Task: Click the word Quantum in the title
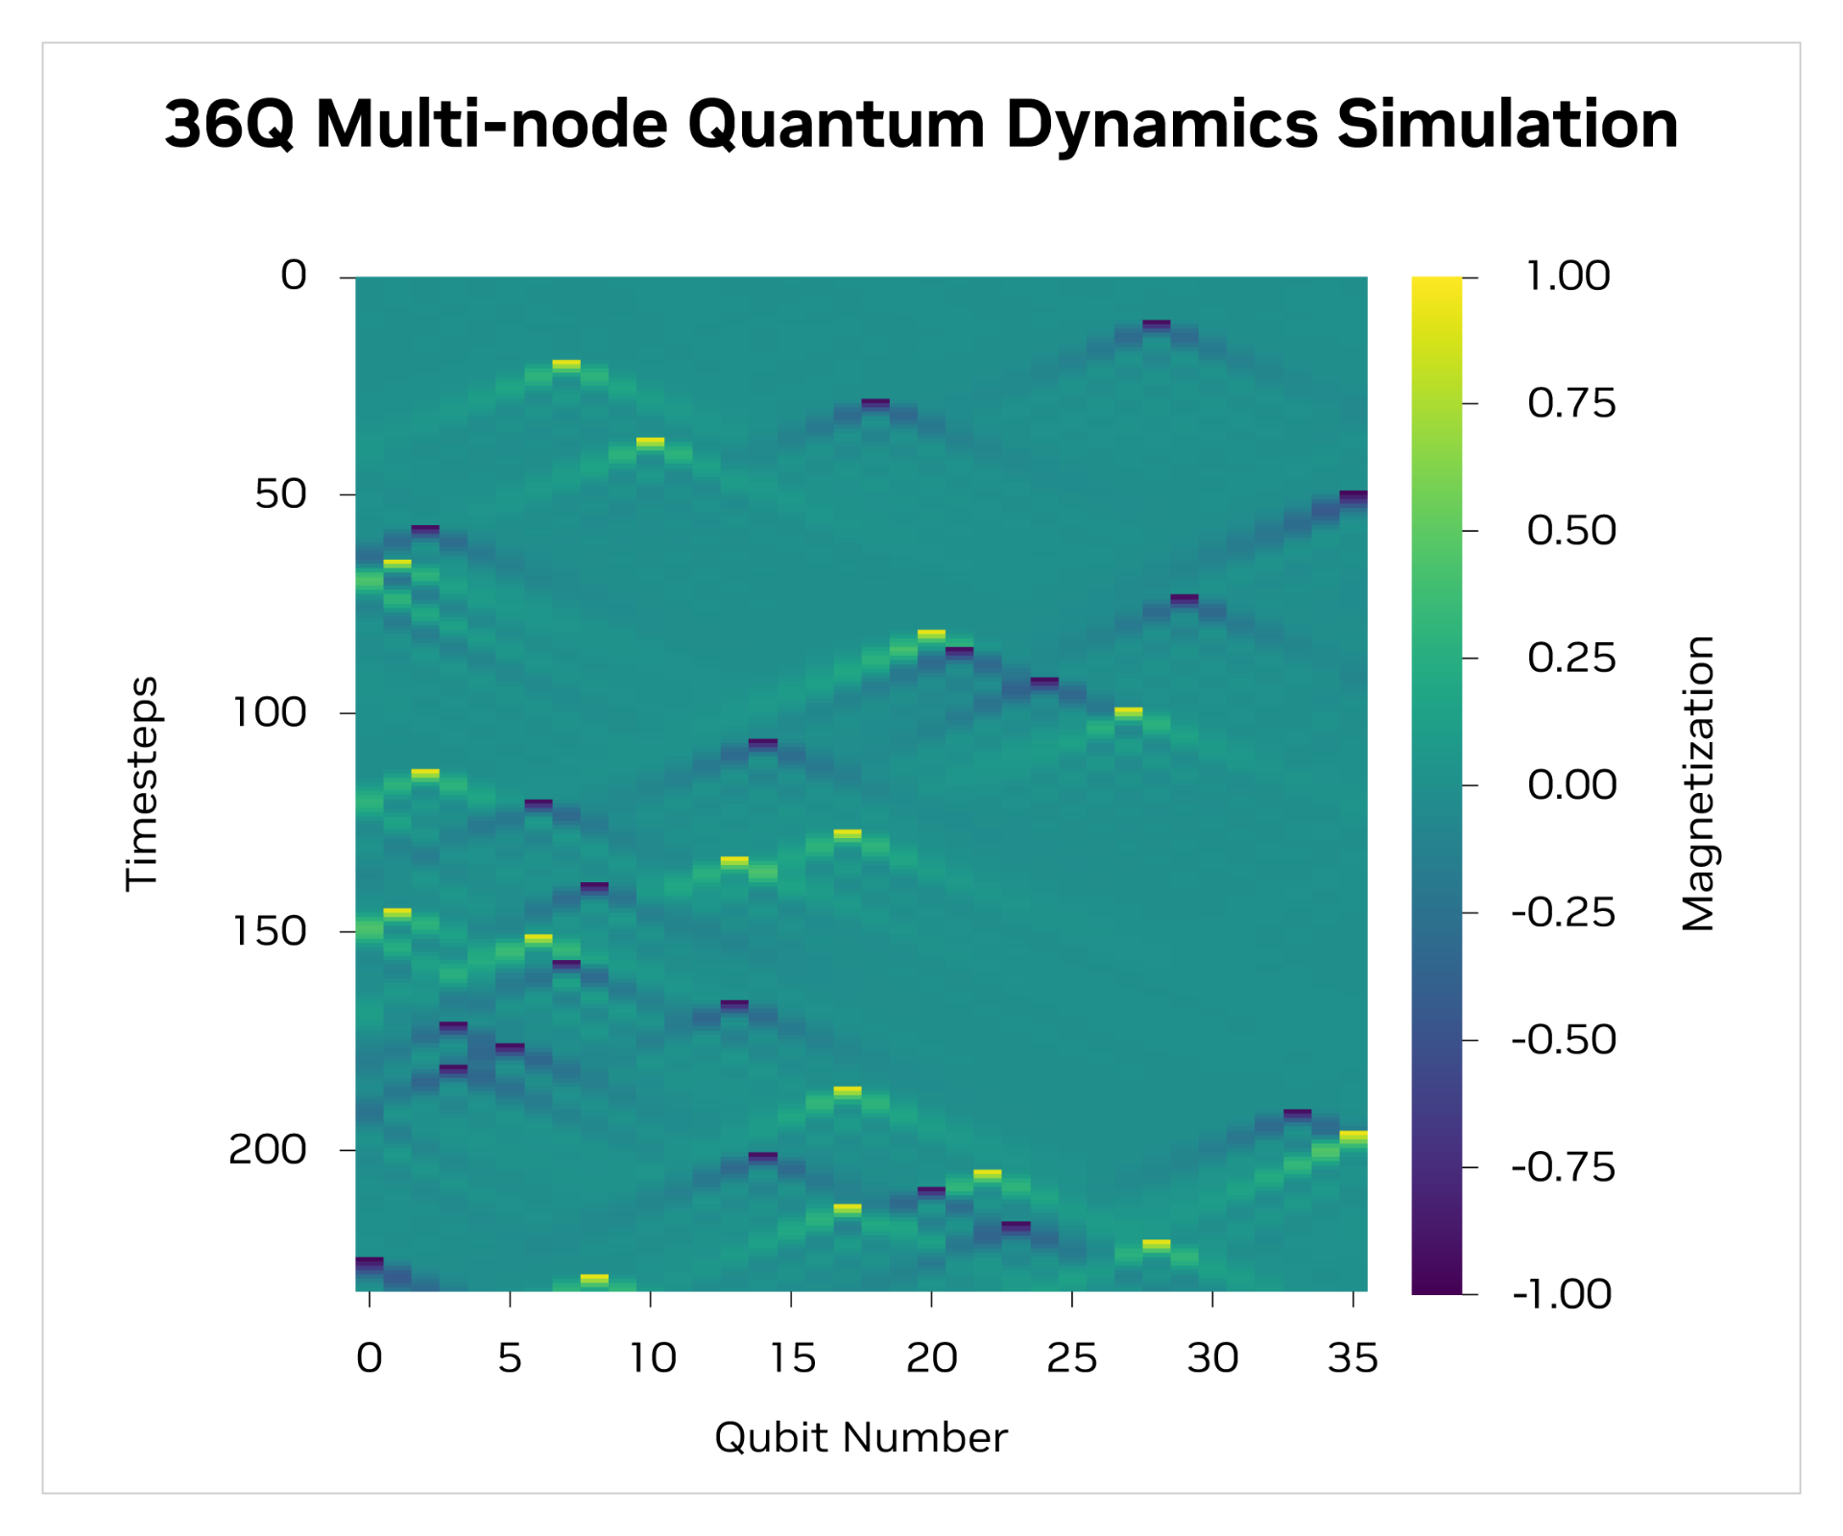click(835, 125)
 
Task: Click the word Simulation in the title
click(1507, 125)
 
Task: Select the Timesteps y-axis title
click(142, 783)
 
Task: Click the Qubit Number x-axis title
click(861, 1438)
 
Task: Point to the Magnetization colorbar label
click(1698, 783)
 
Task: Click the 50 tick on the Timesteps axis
click(280, 494)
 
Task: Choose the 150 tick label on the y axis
click(269, 931)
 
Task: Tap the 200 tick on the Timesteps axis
click(267, 1149)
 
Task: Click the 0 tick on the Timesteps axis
click(293, 276)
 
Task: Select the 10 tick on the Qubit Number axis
click(652, 1358)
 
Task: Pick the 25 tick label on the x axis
click(1072, 1358)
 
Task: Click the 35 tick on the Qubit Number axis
click(1352, 1358)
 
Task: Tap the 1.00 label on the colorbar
click(1568, 276)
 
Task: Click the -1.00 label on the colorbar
click(1562, 1294)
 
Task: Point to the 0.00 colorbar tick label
click(1571, 785)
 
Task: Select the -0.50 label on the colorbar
click(1564, 1040)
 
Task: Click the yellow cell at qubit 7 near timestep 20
click(566, 364)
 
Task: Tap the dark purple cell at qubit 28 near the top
click(1157, 324)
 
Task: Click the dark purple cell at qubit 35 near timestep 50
click(1353, 495)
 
